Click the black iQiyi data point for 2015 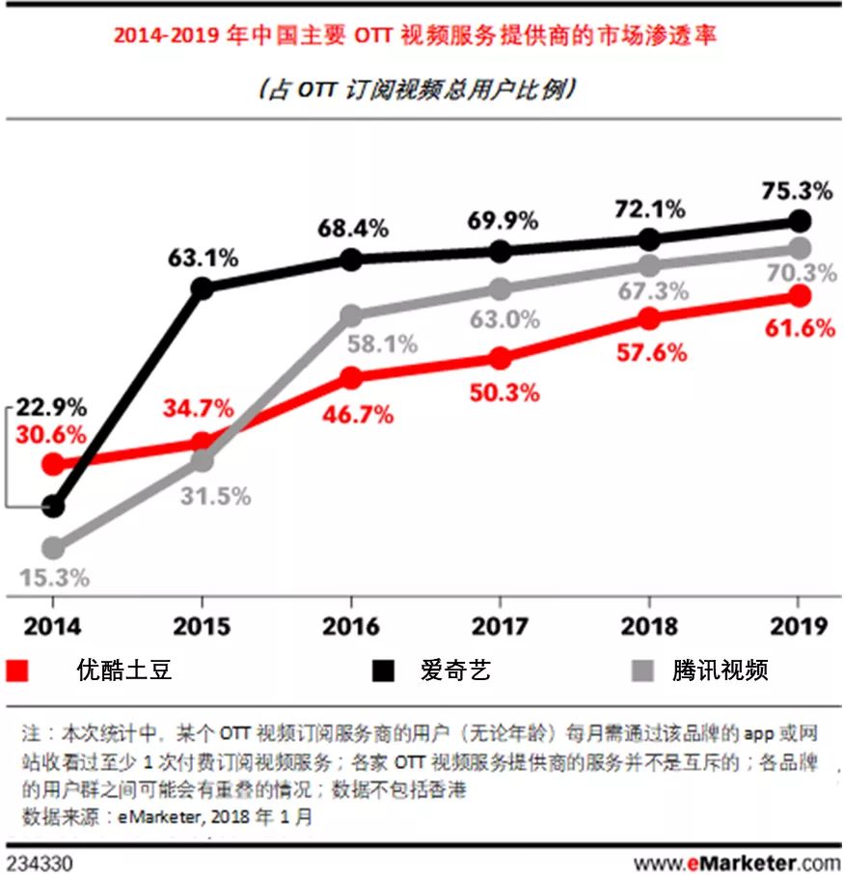(203, 287)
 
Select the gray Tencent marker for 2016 (352, 315)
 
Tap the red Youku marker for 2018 (649, 319)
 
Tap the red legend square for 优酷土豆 (18, 670)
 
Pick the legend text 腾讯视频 (720, 670)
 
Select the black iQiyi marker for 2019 (799, 221)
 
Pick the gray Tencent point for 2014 (54, 548)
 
